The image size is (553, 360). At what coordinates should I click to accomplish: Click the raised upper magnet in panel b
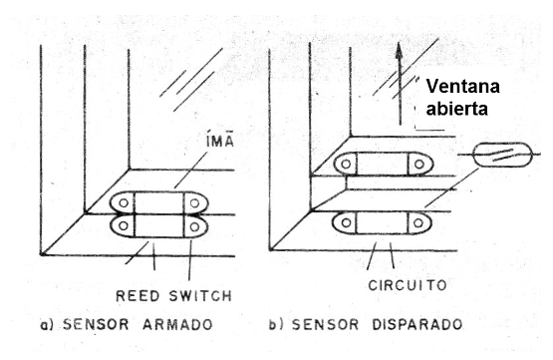(384, 164)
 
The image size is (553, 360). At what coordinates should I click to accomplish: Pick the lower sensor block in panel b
(384, 222)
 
